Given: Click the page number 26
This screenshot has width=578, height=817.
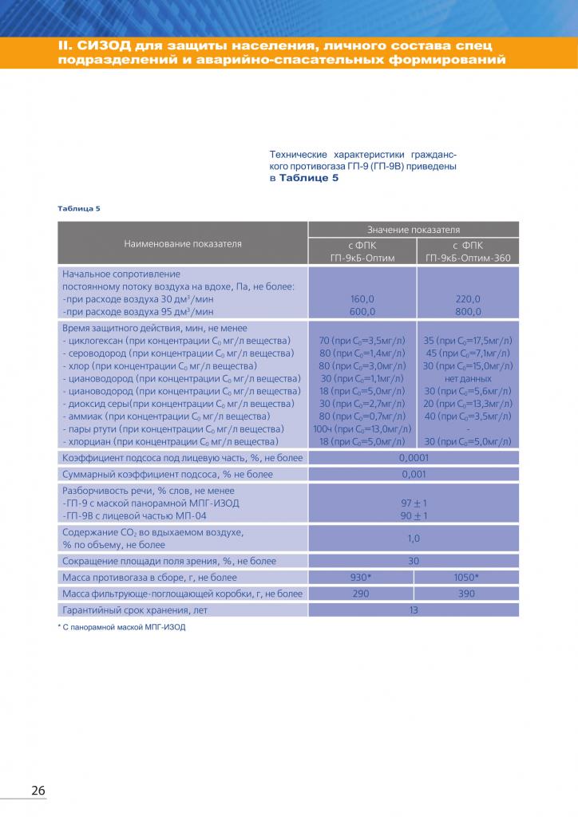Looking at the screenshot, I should [38, 790].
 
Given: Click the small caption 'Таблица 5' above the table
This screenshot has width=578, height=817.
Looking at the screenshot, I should [78, 208].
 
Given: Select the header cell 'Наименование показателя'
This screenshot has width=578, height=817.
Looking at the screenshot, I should [183, 243].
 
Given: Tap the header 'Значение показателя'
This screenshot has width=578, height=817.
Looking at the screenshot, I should [414, 229].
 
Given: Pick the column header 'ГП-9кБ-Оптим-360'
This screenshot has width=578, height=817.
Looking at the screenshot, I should [468, 258].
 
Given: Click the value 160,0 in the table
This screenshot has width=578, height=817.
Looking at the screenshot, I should [362, 298].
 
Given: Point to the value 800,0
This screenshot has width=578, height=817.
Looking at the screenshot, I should [468, 311].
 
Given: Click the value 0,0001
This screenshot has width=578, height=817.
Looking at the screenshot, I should [414, 458].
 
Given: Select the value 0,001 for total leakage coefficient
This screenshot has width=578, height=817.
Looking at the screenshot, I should [414, 474].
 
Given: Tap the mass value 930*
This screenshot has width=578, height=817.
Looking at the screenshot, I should [362, 577].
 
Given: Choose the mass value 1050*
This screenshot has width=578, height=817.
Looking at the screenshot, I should [468, 577].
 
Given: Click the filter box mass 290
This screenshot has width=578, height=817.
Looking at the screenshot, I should [362, 594].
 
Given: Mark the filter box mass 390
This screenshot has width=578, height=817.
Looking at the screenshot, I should [468, 594].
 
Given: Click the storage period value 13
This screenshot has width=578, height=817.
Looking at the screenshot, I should [414, 610].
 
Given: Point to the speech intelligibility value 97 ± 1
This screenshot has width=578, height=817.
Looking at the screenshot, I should [414, 503].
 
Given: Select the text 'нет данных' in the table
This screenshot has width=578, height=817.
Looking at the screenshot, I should [468, 378].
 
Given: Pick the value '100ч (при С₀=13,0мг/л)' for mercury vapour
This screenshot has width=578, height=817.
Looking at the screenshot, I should [362, 428].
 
